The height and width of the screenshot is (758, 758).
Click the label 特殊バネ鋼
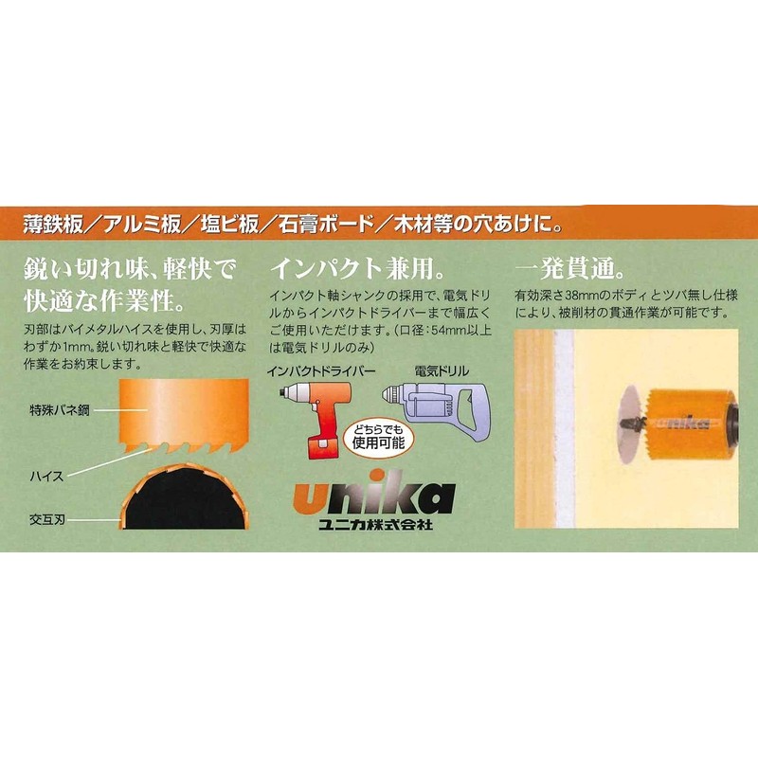point(59,412)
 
